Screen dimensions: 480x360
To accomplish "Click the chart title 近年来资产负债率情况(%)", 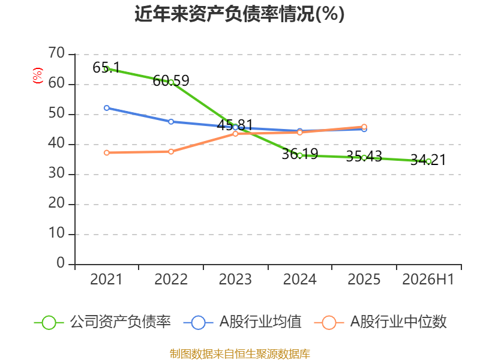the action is (x=239, y=14).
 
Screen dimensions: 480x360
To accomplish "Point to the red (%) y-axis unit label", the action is (x=38, y=76).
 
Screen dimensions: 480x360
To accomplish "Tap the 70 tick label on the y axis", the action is (x=56, y=53).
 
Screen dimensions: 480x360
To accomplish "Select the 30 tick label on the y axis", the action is (x=56, y=173).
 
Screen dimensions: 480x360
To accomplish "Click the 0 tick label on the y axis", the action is (x=61, y=263).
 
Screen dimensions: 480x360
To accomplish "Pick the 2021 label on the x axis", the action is (x=106, y=279).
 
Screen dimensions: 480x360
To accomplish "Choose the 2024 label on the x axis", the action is (x=299, y=279).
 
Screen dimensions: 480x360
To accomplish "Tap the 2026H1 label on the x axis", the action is (x=428, y=279).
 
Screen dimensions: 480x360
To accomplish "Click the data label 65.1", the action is (x=106, y=67).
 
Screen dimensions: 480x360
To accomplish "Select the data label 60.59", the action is (x=171, y=81).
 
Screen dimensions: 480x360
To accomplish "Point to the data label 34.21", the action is (x=428, y=160).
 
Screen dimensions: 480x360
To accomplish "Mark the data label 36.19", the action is (x=299, y=154).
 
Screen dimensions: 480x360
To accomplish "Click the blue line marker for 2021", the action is (x=107, y=108).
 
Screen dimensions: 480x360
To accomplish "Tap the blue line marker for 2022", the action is (x=171, y=122).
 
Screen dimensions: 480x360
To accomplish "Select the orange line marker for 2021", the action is (x=107, y=153).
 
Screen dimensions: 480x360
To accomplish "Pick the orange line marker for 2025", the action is (x=364, y=127).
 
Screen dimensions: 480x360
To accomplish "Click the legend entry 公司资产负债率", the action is (x=102, y=322).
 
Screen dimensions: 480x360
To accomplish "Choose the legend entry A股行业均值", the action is (x=242, y=322).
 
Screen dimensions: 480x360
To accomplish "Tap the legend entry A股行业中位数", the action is (x=380, y=322).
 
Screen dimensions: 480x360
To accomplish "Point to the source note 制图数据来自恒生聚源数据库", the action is (x=239, y=354).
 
